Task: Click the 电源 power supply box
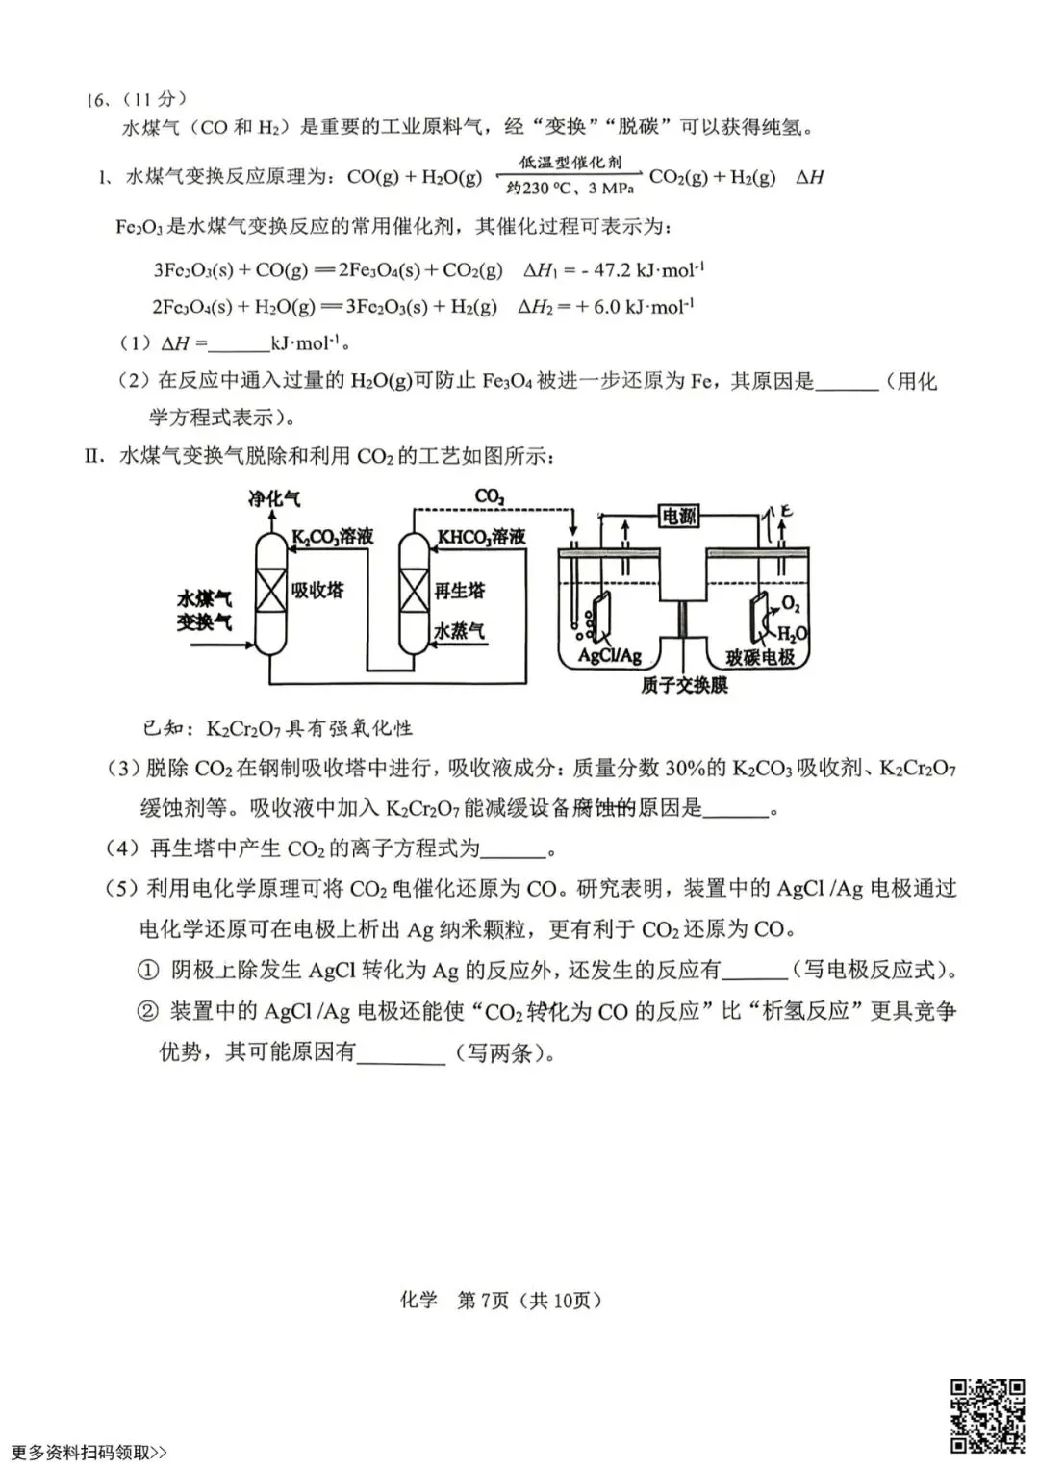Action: pos(678,517)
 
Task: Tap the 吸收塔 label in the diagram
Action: pos(317,589)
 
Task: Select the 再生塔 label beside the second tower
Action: pos(460,590)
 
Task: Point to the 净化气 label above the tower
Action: pos(274,498)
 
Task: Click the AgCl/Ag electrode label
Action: pos(609,656)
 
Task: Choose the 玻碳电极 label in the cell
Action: pos(760,657)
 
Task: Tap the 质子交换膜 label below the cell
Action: pos(684,685)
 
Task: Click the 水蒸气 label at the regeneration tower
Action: pos(459,631)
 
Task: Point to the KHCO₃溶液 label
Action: pos(481,537)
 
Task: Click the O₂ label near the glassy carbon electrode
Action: pos(791,603)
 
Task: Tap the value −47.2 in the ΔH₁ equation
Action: pos(613,270)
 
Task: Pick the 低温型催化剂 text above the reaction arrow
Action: pos(570,163)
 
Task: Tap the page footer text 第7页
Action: pos(483,1300)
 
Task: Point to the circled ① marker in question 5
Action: pos(148,970)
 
